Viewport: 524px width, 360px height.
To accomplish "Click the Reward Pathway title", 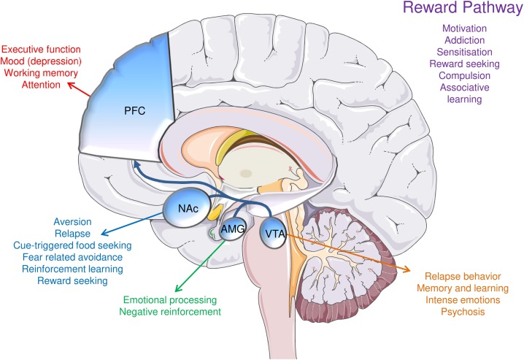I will coord(460,12).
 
